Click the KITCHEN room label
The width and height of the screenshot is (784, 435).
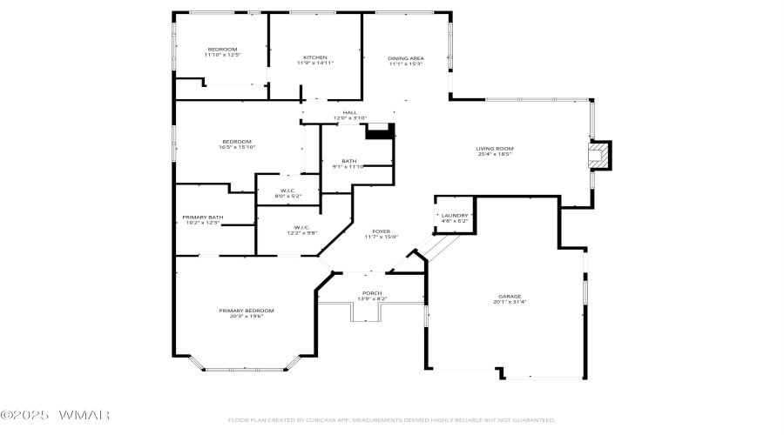tap(314, 57)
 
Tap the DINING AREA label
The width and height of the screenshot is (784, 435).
tap(405, 58)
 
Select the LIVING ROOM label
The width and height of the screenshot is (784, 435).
tap(494, 149)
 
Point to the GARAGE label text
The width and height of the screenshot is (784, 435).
tap(510, 297)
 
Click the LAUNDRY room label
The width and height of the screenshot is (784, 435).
tap(455, 216)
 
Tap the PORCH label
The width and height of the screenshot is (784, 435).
tap(371, 293)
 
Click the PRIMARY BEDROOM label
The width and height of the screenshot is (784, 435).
tap(247, 311)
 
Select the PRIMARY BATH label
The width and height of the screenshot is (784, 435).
tap(202, 217)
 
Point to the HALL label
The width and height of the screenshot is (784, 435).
tap(349, 112)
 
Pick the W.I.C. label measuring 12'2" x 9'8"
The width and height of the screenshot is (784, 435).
tap(280, 230)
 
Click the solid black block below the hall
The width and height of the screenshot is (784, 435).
tap(380, 131)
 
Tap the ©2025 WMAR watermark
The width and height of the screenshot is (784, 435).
tap(55, 415)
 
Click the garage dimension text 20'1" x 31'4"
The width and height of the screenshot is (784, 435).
tap(510, 302)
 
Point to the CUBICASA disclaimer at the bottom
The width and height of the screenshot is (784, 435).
tap(391, 419)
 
